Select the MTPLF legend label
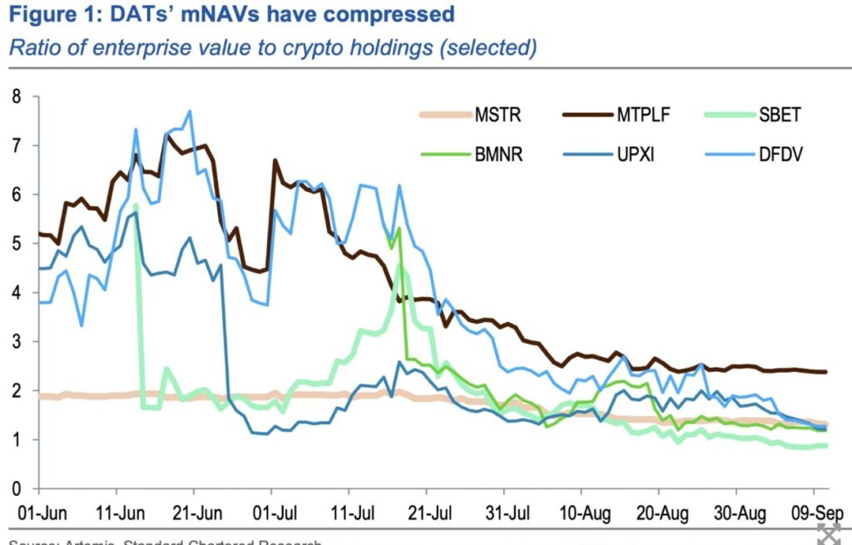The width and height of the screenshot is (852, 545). coord(644,115)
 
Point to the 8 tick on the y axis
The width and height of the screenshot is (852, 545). coord(16,96)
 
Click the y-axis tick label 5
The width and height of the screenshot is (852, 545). coord(16,243)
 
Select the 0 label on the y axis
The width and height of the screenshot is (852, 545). coord(16,488)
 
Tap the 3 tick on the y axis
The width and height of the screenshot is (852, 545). coord(16,341)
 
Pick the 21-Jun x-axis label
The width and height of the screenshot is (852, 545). coord(195,510)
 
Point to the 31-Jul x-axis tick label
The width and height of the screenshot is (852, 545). coord(506,510)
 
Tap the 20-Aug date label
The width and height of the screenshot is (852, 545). coord(663,510)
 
